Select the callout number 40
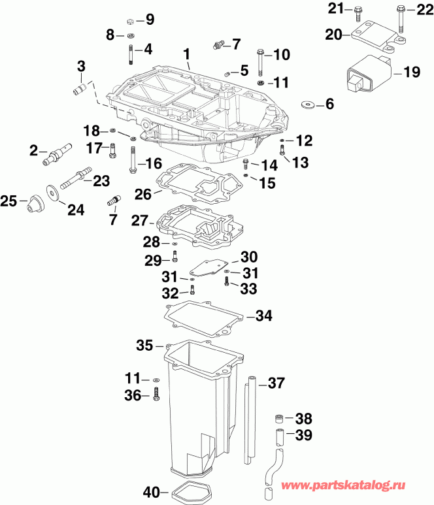151,491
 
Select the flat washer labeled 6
307,105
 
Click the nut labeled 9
130,21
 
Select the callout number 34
263,316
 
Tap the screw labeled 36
156,395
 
